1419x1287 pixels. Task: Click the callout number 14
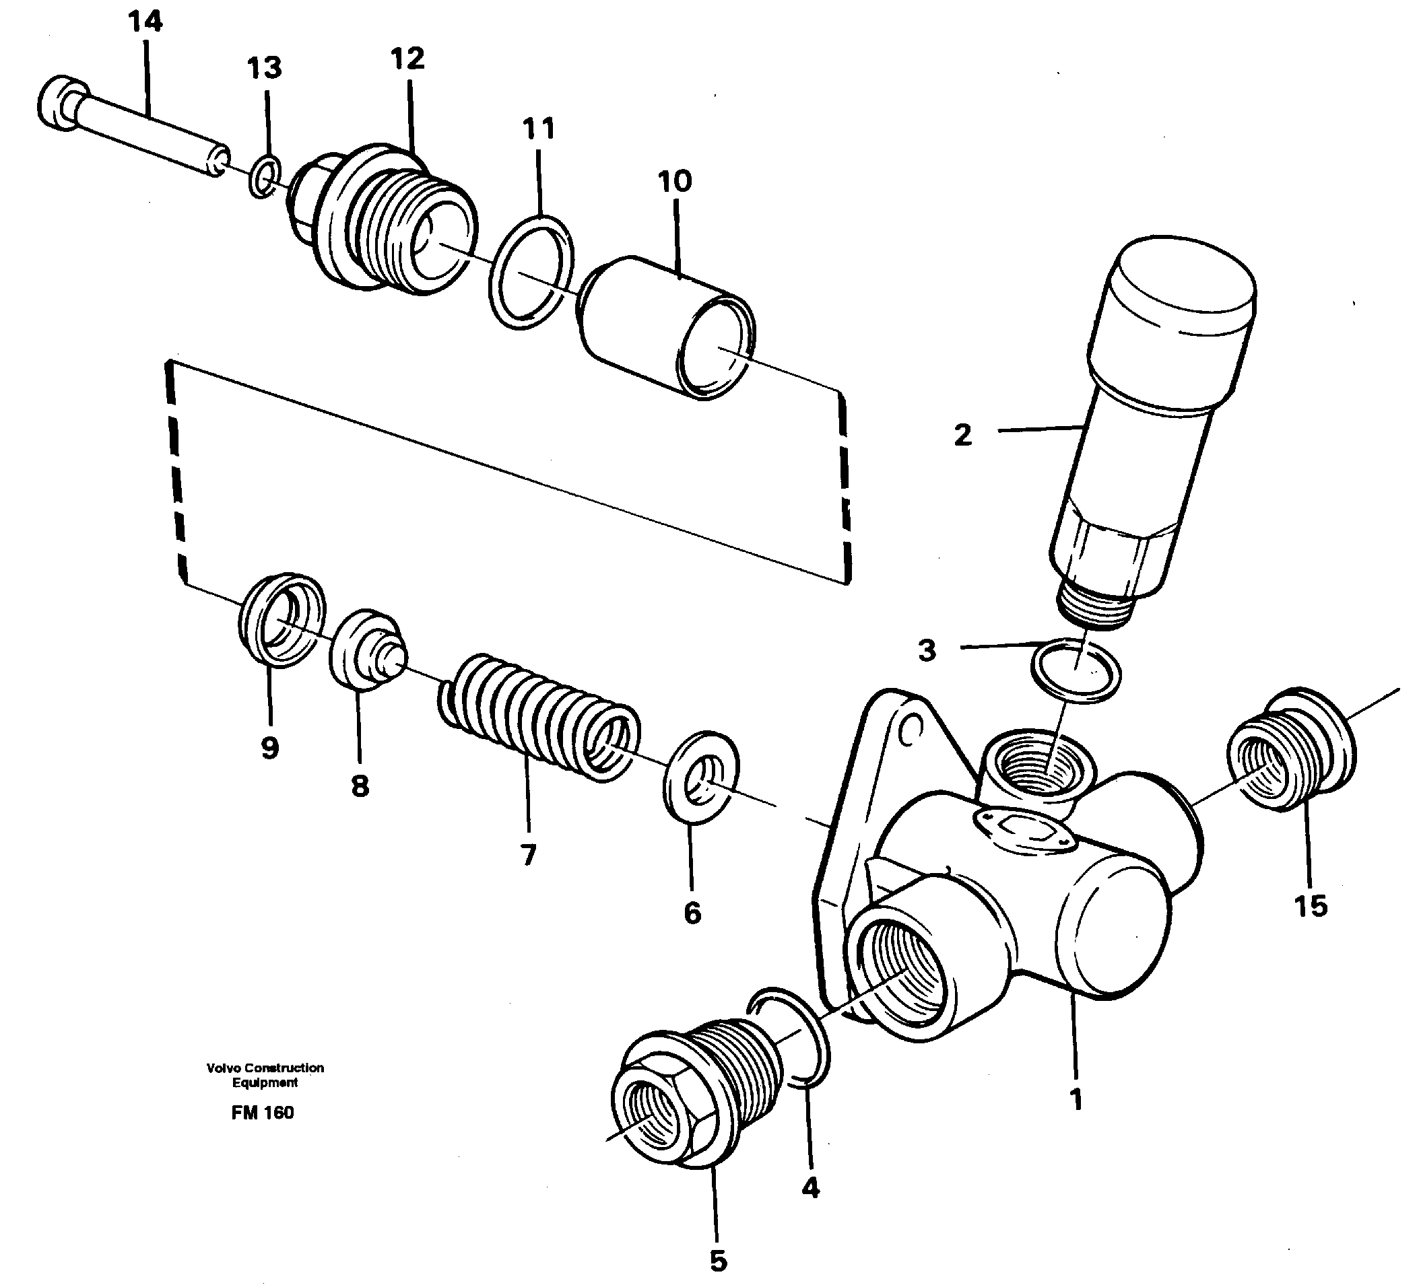145,22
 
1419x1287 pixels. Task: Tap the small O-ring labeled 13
264,177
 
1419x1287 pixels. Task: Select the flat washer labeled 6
701,777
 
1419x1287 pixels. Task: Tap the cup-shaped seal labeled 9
280,619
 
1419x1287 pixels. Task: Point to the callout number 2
962,435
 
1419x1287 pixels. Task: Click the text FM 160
262,1113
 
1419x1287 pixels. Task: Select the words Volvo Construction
265,1068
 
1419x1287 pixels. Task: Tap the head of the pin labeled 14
60,103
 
